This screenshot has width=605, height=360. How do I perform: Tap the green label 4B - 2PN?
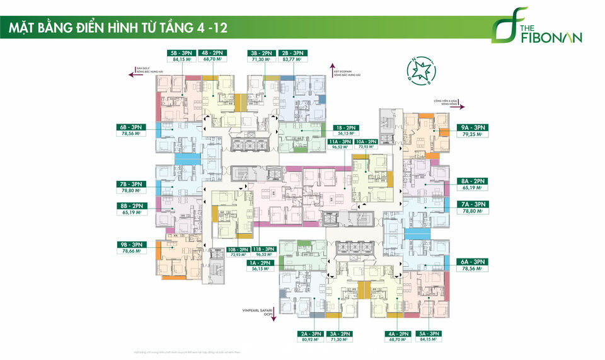pos(212,52)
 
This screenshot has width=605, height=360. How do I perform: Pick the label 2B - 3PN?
pos(293,52)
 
